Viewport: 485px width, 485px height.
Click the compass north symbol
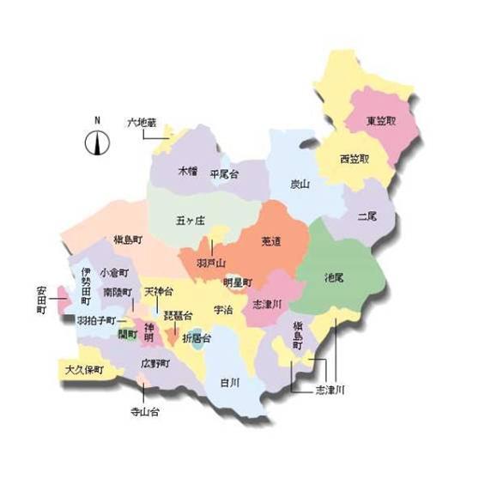pyautogui.click(x=97, y=143)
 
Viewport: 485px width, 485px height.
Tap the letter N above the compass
pyautogui.click(x=97, y=120)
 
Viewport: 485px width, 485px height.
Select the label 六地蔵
pyautogui.click(x=142, y=124)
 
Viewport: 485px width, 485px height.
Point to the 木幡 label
pyautogui.click(x=188, y=172)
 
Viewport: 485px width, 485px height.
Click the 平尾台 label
pyautogui.click(x=224, y=173)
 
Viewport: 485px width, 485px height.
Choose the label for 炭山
pyautogui.click(x=299, y=184)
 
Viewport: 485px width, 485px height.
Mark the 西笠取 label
pyautogui.click(x=354, y=159)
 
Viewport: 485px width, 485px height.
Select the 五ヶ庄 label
pyautogui.click(x=191, y=221)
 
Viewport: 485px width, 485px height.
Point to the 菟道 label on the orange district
pyautogui.click(x=272, y=242)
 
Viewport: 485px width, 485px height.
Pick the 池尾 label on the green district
pyautogui.click(x=335, y=277)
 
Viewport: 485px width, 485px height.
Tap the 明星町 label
pyautogui.click(x=238, y=282)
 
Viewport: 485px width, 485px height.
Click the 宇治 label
pyautogui.click(x=223, y=310)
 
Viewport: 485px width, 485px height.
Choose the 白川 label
pyautogui.click(x=228, y=382)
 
